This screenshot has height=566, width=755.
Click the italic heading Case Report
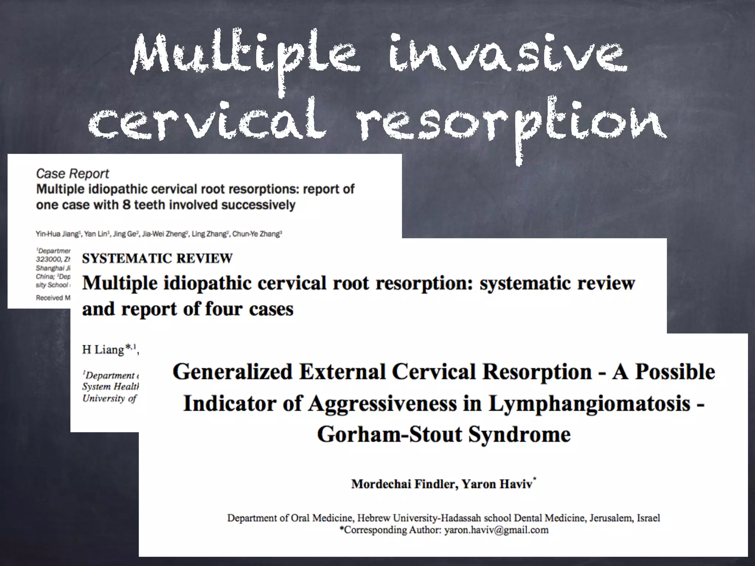[x=73, y=174]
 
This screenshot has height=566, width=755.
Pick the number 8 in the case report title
[x=127, y=205]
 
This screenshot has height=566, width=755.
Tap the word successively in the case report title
[x=259, y=205]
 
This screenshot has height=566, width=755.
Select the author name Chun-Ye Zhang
[x=257, y=234]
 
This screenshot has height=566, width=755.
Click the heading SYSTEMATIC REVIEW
[x=157, y=259]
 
